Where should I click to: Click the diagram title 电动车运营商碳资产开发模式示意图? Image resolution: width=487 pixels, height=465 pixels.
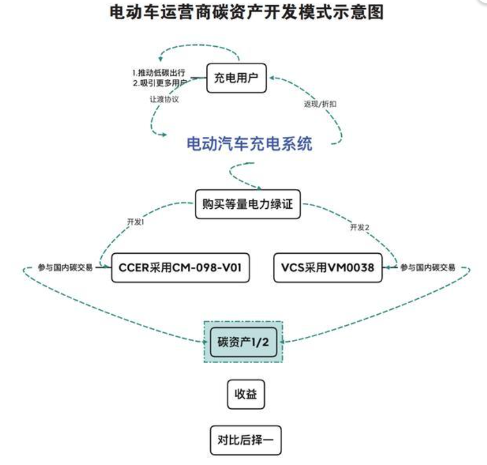pos(246,13)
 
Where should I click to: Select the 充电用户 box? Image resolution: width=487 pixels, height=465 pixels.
pos(236,78)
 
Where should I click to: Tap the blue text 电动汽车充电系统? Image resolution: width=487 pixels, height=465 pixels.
pos(249,144)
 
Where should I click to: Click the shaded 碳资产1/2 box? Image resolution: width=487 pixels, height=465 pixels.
pos(243,342)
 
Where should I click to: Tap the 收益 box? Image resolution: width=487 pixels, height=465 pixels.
pos(245,395)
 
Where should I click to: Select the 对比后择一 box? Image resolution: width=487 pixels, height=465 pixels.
pos(245,440)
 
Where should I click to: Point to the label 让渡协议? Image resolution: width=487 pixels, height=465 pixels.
pos(164,100)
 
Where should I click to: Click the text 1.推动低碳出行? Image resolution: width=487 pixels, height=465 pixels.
pos(159,73)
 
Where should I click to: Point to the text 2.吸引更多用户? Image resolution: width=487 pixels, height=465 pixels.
pos(159,83)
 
